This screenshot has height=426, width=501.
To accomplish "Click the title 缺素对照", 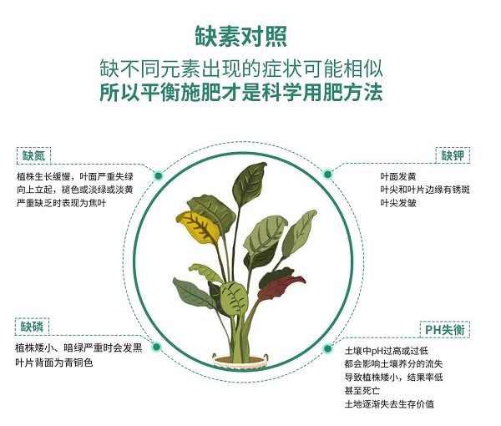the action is (241, 36).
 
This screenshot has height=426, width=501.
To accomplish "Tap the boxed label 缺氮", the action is (33, 155).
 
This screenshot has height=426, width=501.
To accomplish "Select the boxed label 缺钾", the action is (453, 155).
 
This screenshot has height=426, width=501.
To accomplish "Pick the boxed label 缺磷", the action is (32, 327).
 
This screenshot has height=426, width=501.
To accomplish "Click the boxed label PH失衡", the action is (445, 329).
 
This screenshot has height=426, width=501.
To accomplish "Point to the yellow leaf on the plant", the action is (197, 226).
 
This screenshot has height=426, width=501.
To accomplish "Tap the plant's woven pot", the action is (240, 362).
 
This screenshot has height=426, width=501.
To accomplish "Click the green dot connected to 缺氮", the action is (159, 175).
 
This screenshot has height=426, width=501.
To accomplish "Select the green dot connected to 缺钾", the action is (327, 175).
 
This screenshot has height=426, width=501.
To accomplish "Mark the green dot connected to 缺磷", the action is (156, 347).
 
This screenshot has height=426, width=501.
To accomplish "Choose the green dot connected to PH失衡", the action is (327, 348).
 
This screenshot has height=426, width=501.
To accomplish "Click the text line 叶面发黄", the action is (398, 176).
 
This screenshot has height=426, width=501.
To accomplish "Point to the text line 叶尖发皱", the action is (398, 203).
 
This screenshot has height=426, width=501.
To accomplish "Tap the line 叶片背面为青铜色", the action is (54, 363).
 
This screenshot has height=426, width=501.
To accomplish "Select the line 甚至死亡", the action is (362, 391).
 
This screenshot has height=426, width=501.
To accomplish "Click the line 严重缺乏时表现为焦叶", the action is (61, 203).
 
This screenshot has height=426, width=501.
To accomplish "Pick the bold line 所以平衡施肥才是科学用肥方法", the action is (241, 93).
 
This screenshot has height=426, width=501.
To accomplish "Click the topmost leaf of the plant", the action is (250, 184).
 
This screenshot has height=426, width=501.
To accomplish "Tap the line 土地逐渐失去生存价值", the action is (389, 404).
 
